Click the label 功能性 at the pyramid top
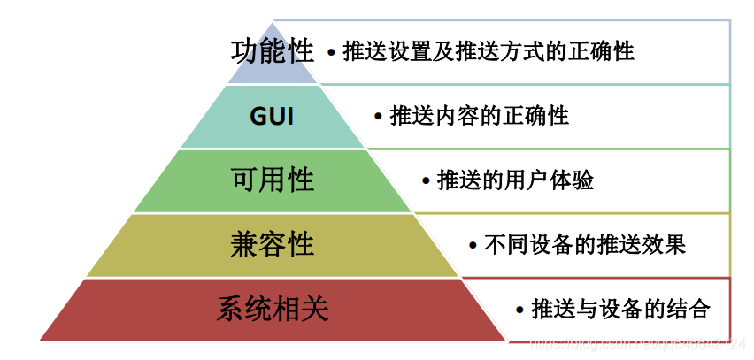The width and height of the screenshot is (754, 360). [273, 51]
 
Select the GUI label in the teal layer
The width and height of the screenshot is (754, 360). [272, 117]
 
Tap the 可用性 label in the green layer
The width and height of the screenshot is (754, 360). [273, 180]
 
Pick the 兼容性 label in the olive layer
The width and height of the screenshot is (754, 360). [273, 244]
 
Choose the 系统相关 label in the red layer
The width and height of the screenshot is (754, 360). [273, 309]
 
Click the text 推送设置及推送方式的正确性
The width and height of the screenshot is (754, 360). [488, 51]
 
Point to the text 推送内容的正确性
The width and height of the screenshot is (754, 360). [479, 116]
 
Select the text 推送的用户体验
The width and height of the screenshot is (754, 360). [515, 180]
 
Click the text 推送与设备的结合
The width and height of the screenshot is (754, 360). [620, 310]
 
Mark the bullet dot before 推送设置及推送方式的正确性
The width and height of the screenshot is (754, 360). [331, 53]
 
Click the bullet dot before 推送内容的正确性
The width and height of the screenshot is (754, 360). [378, 117]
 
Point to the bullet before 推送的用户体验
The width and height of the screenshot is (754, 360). [426, 181]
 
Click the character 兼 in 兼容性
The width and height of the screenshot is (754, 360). [245, 244]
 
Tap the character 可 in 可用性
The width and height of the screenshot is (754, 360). [245, 180]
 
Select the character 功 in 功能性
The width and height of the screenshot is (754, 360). [245, 51]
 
